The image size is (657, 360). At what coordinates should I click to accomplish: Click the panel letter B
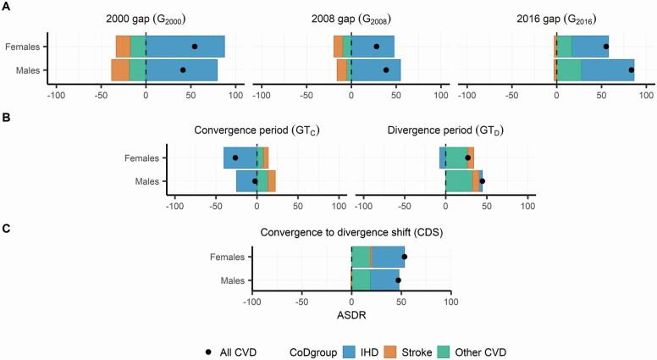pyautogui.click(x=5, y=113)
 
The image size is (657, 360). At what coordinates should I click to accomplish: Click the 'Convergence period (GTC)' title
pyautogui.click(x=256, y=131)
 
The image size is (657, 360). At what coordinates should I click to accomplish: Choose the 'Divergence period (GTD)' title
pyautogui.click(x=444, y=131)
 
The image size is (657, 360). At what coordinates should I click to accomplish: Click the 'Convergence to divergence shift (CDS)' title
pyautogui.click(x=351, y=231)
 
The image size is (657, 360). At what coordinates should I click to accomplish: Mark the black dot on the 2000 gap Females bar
pyautogui.click(x=195, y=47)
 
